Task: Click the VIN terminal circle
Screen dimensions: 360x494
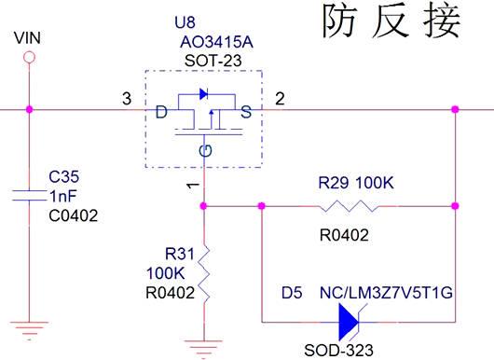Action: click(30, 58)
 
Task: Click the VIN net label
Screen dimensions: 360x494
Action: click(30, 38)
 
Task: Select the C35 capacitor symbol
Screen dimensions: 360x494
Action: click(30, 194)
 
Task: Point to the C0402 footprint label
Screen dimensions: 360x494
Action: click(74, 215)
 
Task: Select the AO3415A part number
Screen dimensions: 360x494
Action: click(216, 42)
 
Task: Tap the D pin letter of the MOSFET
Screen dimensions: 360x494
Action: click(161, 113)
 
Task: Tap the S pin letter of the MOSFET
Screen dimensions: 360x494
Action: click(246, 113)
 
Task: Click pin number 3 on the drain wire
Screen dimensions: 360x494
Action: click(127, 99)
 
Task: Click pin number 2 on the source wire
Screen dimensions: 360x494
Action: click(278, 99)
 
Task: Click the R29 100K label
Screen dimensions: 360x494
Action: click(356, 182)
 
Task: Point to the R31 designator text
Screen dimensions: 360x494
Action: click(178, 254)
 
